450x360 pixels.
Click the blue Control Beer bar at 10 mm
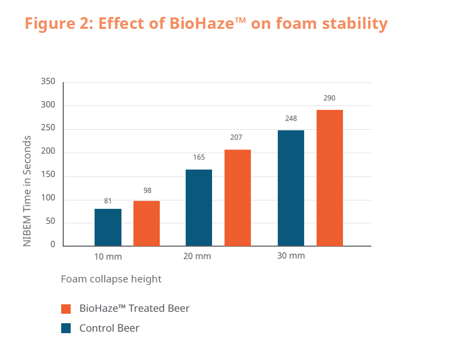tap(108, 227)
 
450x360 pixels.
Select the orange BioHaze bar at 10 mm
tap(146, 223)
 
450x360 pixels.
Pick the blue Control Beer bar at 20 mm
tap(199, 207)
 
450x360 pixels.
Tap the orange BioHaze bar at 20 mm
tap(237, 197)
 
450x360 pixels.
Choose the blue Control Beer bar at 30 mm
tap(291, 188)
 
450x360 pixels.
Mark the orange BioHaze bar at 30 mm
tap(330, 178)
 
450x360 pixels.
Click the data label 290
tap(330, 98)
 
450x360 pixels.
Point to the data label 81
tap(108, 201)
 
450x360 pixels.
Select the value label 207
tap(236, 138)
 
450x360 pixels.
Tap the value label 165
tap(199, 158)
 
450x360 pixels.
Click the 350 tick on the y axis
tap(48, 82)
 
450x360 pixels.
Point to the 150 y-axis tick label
tap(48, 177)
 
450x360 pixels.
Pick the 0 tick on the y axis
tap(53, 245)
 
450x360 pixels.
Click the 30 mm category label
tap(291, 256)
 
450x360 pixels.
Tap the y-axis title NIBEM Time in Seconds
tap(28, 191)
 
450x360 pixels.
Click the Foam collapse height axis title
tap(111, 279)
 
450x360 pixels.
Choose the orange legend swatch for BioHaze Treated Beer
tap(66, 309)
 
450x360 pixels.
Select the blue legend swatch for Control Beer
tap(66, 328)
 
